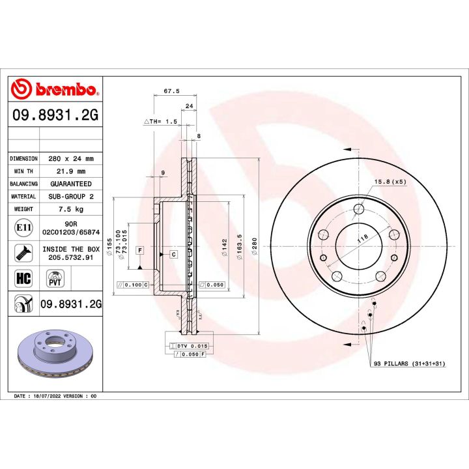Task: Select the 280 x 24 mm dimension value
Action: [x=72, y=158]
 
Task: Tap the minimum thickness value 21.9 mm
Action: [x=72, y=171]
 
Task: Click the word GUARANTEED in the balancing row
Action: [x=72, y=184]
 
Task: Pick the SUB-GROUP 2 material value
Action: [x=72, y=196]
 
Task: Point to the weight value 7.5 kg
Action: [x=72, y=209]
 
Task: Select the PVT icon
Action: [x=55, y=279]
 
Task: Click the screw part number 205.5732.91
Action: [x=72, y=257]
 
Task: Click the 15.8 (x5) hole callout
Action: [x=390, y=182]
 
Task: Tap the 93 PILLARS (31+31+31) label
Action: [x=408, y=363]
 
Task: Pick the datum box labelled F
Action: [x=139, y=250]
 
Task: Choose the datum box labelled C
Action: [x=174, y=253]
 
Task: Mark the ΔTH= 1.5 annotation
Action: [x=160, y=122]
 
